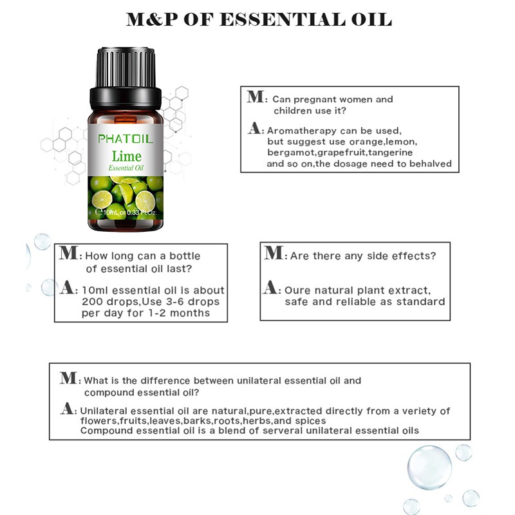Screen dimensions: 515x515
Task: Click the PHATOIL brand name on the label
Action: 123,138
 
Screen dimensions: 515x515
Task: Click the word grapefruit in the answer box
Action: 339,153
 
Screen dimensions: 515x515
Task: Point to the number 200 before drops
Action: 91,302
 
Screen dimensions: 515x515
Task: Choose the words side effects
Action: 401,256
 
